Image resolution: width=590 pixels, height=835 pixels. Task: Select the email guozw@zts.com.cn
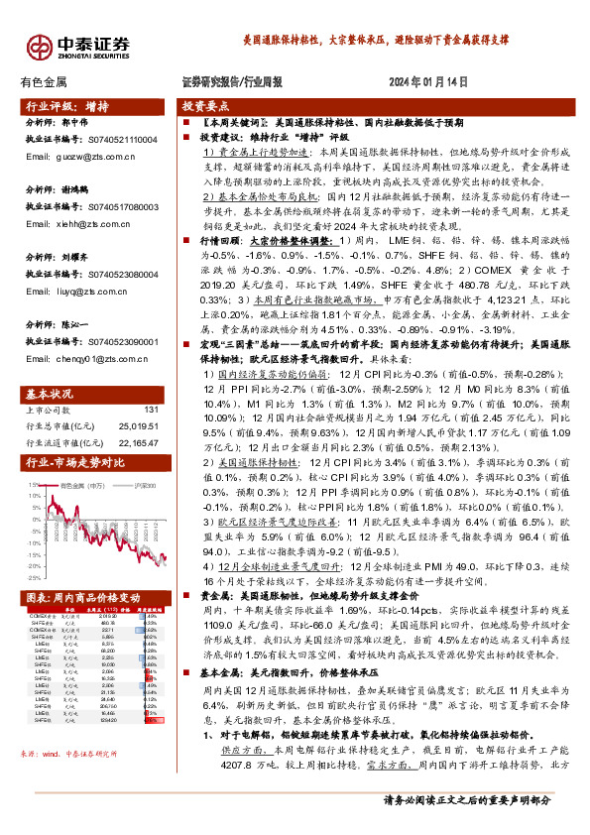pos(86,157)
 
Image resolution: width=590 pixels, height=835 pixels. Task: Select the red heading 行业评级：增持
pos(66,106)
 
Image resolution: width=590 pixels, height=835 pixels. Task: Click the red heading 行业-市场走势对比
pos(74,463)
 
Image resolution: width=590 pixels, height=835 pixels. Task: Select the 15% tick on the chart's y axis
pos(35,485)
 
